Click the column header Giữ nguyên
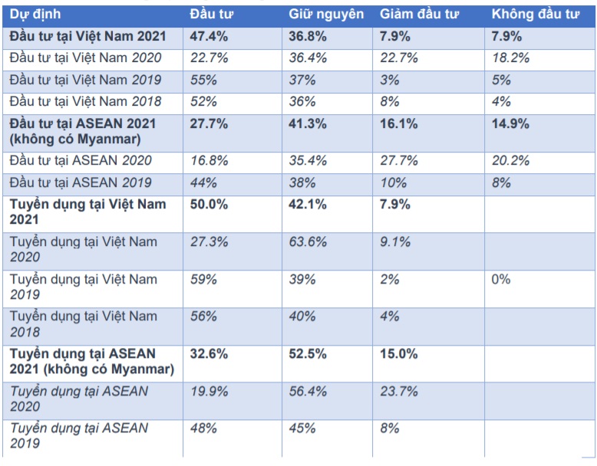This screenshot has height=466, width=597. [326, 15]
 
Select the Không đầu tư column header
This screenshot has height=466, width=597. [534, 15]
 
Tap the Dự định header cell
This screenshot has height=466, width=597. [35, 15]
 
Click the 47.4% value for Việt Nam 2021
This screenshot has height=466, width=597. [208, 36]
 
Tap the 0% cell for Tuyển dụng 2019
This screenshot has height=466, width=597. [501, 279]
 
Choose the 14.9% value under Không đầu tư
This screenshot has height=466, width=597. [511, 123]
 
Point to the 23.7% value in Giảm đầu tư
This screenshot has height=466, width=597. [399, 392]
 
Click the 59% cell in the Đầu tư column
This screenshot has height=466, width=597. [203, 279]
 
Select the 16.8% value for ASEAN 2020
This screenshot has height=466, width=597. [208, 160]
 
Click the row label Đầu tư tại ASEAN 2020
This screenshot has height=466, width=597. [81, 160]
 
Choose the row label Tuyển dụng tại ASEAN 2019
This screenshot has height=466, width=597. [79, 435]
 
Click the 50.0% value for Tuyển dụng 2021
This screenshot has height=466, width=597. [208, 205]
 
